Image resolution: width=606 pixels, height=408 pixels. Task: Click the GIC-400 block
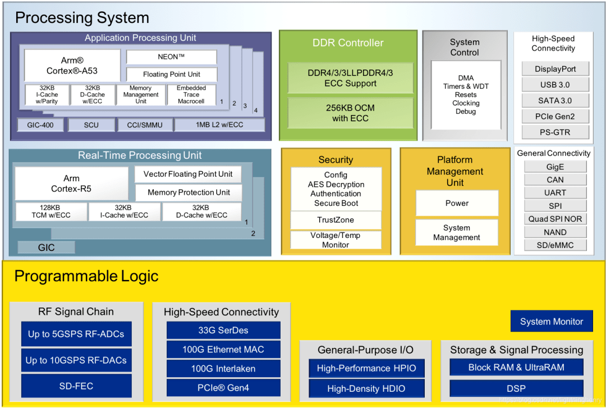40,125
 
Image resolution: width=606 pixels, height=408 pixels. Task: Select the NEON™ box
171,57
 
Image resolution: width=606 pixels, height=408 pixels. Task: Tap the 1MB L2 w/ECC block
219,125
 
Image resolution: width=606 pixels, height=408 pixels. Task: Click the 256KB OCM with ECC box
350,113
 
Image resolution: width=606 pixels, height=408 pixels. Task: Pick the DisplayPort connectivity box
555,69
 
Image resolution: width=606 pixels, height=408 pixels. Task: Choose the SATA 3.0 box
555,100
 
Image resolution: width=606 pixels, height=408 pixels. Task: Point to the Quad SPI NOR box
555,219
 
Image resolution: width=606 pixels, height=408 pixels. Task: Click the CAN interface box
555,180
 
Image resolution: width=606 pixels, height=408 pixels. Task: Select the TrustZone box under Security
336,220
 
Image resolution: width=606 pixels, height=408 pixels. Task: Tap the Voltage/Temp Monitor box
336,240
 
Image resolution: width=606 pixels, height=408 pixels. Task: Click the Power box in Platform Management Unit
457,203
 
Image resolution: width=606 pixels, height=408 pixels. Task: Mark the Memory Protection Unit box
189,192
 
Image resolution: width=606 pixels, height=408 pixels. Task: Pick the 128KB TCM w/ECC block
50,212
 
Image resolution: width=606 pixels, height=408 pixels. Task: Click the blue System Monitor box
551,322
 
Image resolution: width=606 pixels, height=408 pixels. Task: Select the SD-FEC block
76,386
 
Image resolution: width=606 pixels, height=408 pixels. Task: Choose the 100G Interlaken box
223,369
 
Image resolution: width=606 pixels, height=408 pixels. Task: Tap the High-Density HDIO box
366,388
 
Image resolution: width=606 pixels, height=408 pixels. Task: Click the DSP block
516,388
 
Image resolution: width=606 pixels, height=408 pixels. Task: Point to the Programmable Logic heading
86,276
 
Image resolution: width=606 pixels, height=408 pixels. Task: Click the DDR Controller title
348,43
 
